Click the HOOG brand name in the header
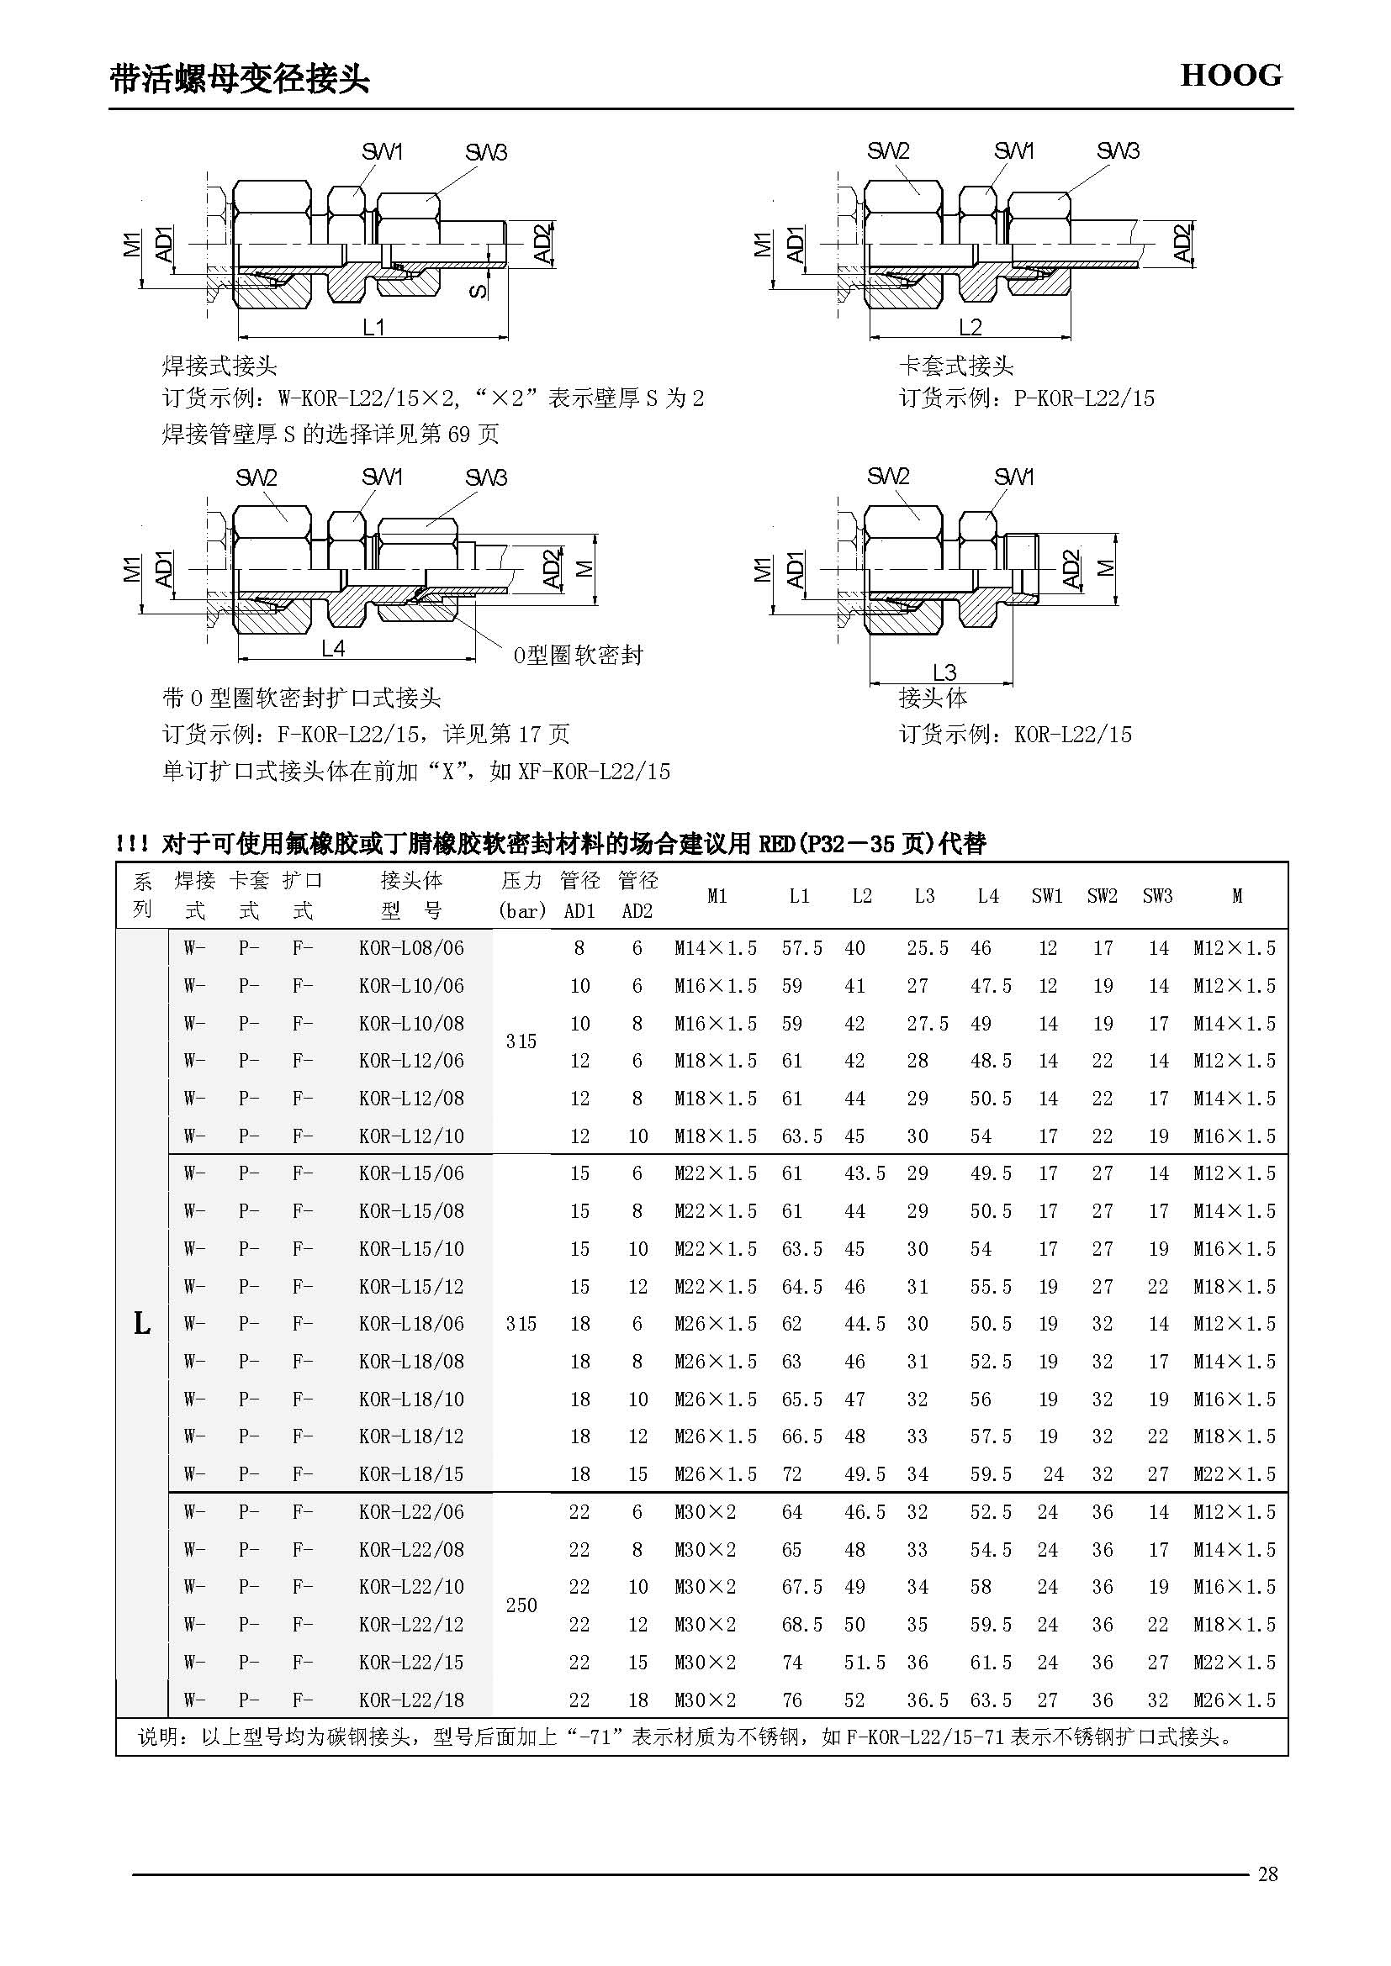pyautogui.click(x=1231, y=76)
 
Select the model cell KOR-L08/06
pyautogui.click(x=411, y=948)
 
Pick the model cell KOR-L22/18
pyautogui.click(x=411, y=1700)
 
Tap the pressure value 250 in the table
pyautogui.click(x=521, y=1605)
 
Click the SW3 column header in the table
pyautogui.click(x=1157, y=896)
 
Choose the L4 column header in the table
pyautogui.click(x=987, y=896)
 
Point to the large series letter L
pyautogui.click(x=142, y=1324)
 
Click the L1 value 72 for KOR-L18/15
pyautogui.click(x=791, y=1473)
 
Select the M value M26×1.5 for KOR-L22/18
pyautogui.click(x=1235, y=1700)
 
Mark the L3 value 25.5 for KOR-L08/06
pyautogui.click(x=928, y=948)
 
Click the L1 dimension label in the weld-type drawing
pyautogui.click(x=374, y=327)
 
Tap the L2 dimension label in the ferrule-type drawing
pyautogui.click(x=970, y=327)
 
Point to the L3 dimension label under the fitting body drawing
pyautogui.click(x=944, y=672)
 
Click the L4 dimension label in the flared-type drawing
pyautogui.click(x=333, y=648)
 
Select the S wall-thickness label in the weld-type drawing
pyautogui.click(x=479, y=290)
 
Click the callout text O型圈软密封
pyautogui.click(x=578, y=656)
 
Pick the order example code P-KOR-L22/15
pyautogui.click(x=1083, y=398)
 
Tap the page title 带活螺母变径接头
pyautogui.click(x=240, y=79)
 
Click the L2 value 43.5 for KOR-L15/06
pyautogui.click(x=865, y=1173)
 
